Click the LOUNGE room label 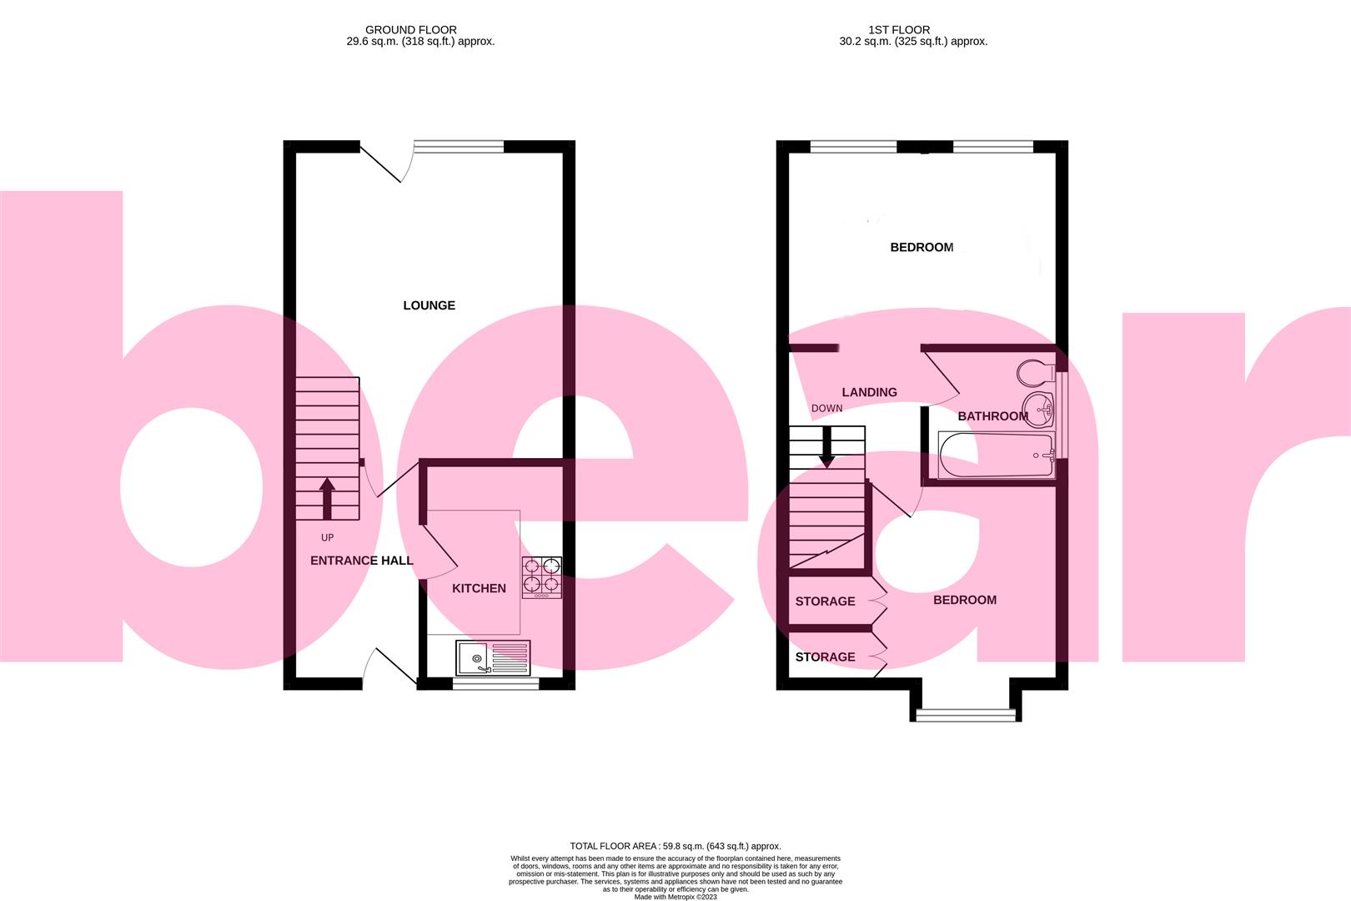click(429, 305)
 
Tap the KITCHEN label click(479, 588)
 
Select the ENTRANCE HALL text click(361, 561)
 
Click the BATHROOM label click(992, 416)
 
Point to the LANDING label click(869, 392)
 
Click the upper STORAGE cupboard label click(825, 602)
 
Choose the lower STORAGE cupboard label click(825, 657)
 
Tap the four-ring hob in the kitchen click(541, 576)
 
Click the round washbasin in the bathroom click(1039, 409)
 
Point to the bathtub click(996, 456)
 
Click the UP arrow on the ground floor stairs click(327, 498)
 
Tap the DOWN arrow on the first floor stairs click(826, 448)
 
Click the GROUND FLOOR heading click(411, 30)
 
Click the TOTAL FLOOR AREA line click(675, 846)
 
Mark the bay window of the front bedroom click(966, 713)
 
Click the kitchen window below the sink click(495, 684)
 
